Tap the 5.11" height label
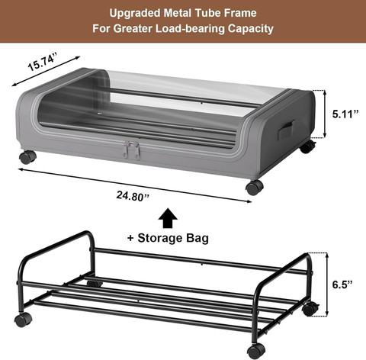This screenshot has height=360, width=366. (x=345, y=114)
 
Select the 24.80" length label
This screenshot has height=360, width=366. (x=133, y=196)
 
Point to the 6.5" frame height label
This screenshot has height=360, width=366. (x=342, y=284)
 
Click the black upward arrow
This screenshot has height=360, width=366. (x=168, y=218)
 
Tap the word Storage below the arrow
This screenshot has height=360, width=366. (x=160, y=238)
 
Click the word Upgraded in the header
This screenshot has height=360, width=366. (x=134, y=13)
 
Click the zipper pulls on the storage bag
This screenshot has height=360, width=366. (x=132, y=150)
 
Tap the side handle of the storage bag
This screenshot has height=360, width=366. (x=286, y=130)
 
